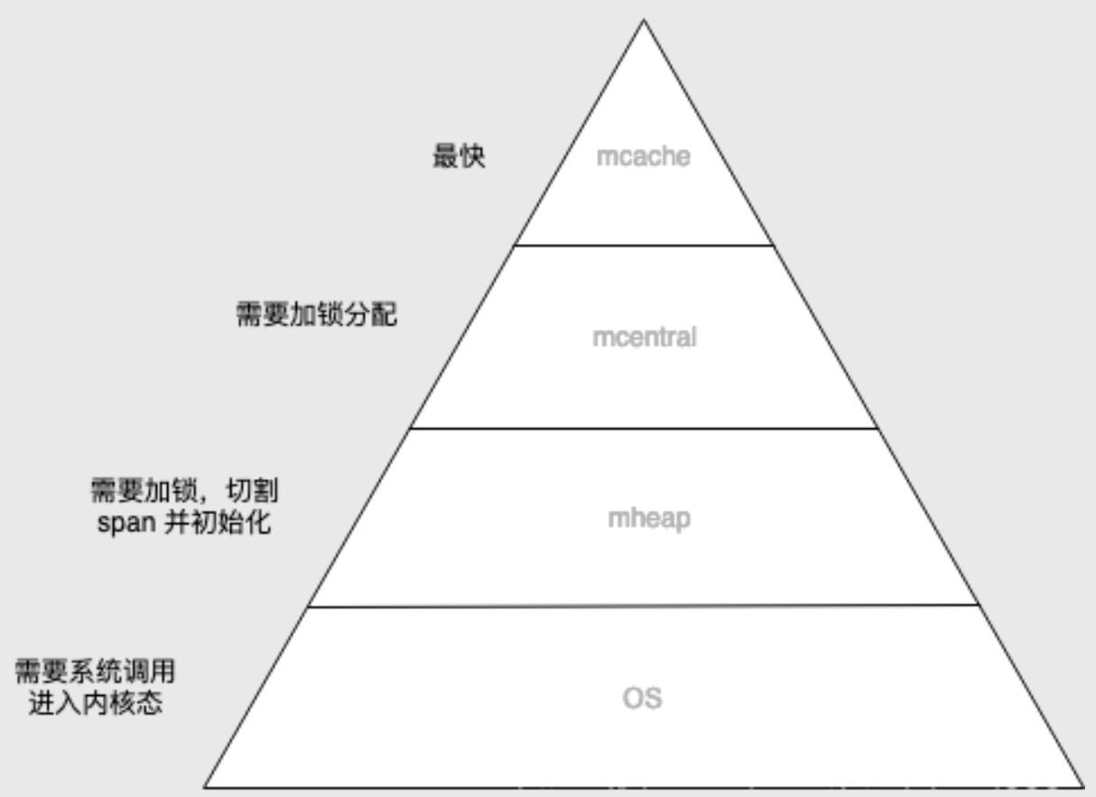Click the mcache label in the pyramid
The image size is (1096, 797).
pyautogui.click(x=643, y=156)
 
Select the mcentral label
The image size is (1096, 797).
pyautogui.click(x=644, y=338)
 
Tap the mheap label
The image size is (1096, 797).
pyautogui.click(x=649, y=520)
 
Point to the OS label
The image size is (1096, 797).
pyautogui.click(x=643, y=699)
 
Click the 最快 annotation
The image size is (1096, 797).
pyautogui.click(x=460, y=157)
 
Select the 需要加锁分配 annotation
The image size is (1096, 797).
pyautogui.click(x=316, y=315)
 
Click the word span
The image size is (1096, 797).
pyautogui.click(x=125, y=523)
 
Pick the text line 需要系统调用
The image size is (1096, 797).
pyautogui.click(x=96, y=672)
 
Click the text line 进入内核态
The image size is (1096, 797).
pyautogui.click(x=96, y=703)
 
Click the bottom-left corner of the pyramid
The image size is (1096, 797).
pyautogui.click(x=205, y=786)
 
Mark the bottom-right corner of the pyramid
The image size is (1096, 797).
pyautogui.click(x=1082, y=786)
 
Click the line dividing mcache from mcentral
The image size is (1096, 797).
pyautogui.click(x=644, y=245)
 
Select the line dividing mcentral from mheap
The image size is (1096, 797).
pyautogui.click(x=644, y=428)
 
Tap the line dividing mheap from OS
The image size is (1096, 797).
pyautogui.click(x=644, y=606)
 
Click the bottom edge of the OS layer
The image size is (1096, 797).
pyautogui.click(x=644, y=786)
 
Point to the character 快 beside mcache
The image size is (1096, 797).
pyautogui.click(x=472, y=157)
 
